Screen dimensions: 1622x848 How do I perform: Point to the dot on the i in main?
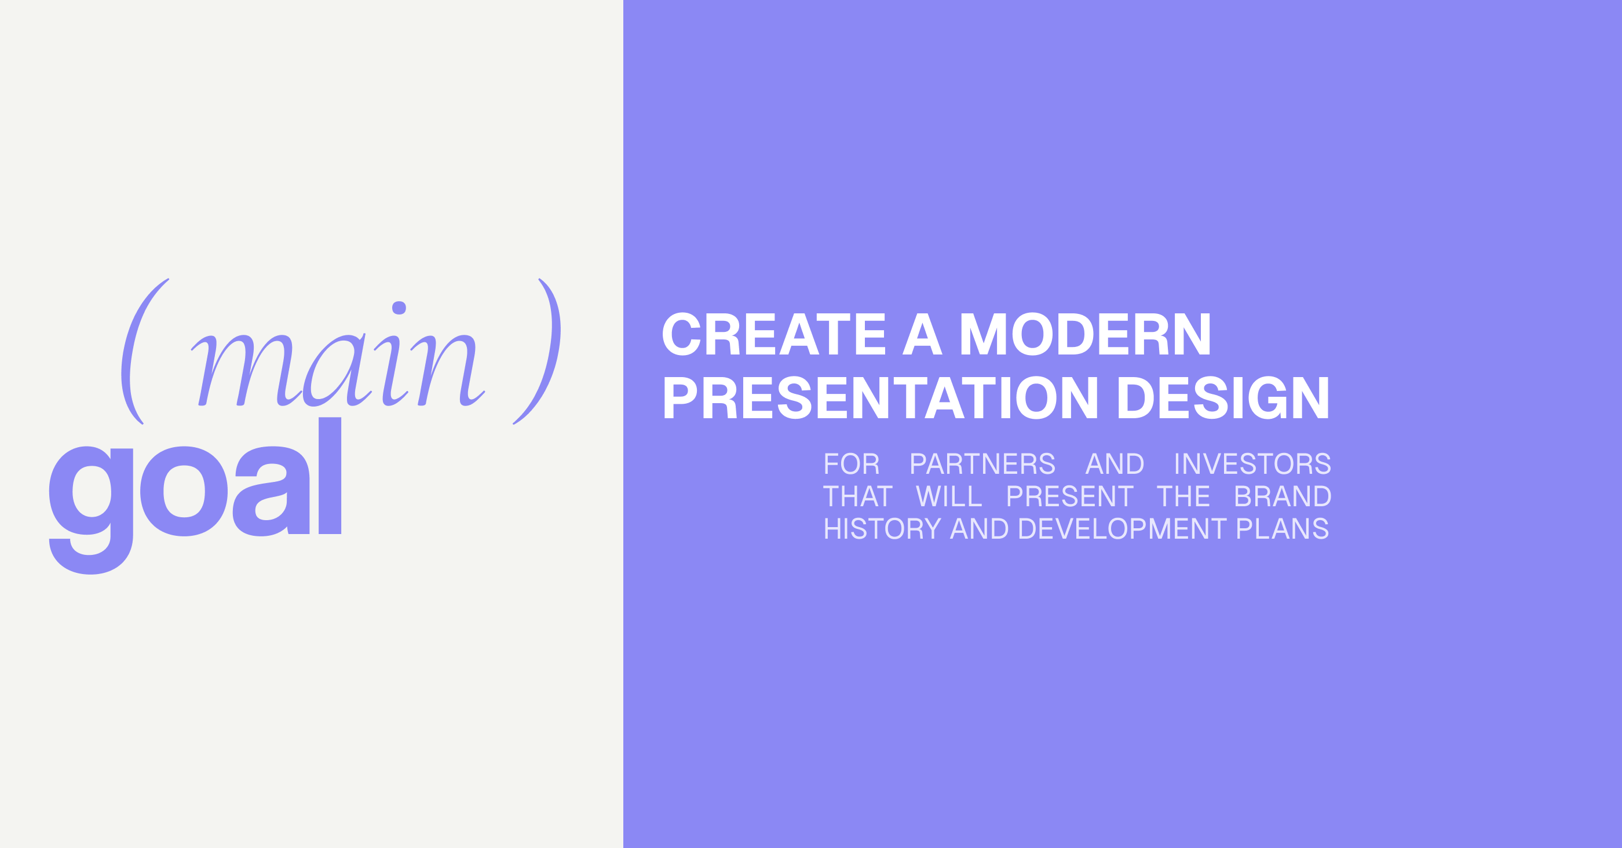pyautogui.click(x=399, y=308)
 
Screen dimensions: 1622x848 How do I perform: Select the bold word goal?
pyautogui.click(x=195, y=495)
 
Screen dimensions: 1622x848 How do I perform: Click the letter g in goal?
pyautogui.click(x=91, y=510)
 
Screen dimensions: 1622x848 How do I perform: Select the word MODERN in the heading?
pyautogui.click(x=1085, y=334)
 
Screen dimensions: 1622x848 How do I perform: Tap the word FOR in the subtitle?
pyautogui.click(x=852, y=464)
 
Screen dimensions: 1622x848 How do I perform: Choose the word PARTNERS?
pyautogui.click(x=982, y=464)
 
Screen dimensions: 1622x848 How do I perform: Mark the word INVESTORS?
pyautogui.click(x=1252, y=464)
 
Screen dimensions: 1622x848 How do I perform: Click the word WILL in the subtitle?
pyautogui.click(x=949, y=496)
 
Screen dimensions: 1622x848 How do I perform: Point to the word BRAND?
pyautogui.click(x=1283, y=496)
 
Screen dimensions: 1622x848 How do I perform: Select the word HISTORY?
pyautogui.click(x=882, y=529)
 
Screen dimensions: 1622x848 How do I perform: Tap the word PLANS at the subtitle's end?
pyautogui.click(x=1283, y=529)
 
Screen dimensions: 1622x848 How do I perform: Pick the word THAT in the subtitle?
pyautogui.click(x=857, y=496)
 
